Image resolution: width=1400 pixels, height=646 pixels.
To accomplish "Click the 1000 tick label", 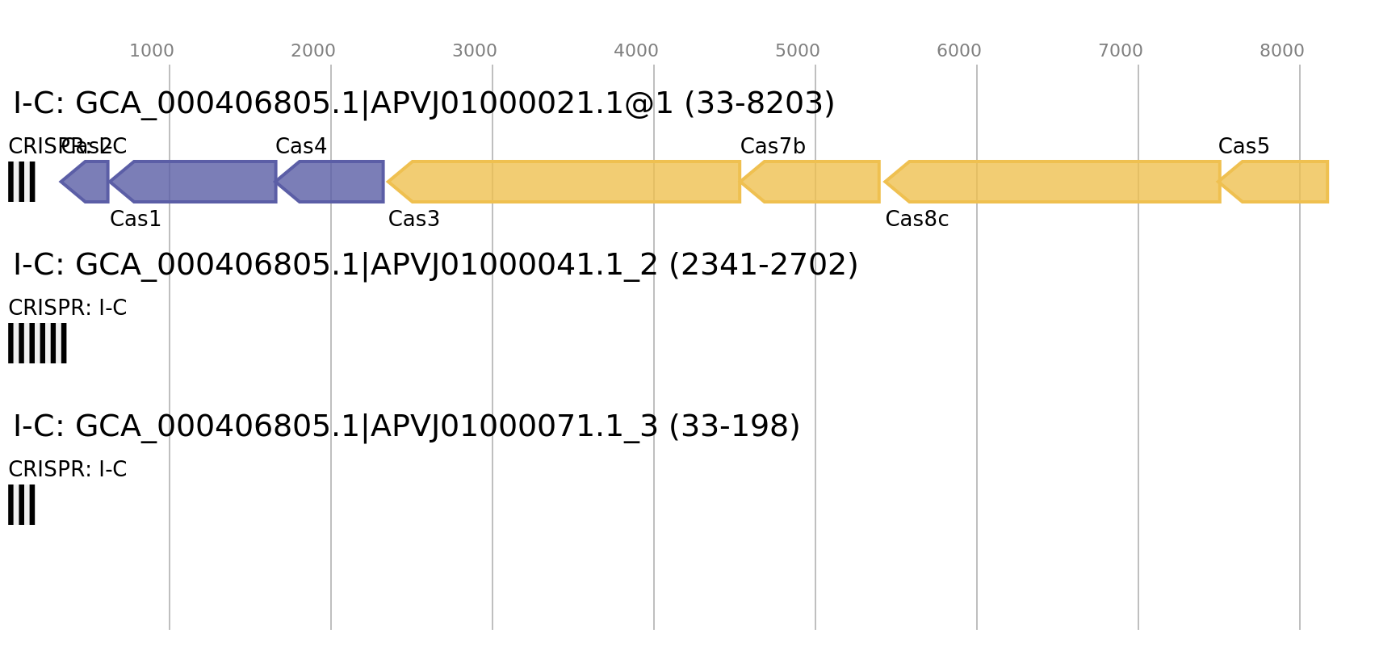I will click(x=152, y=51).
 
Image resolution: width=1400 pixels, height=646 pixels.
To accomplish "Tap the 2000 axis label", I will click(x=313, y=51).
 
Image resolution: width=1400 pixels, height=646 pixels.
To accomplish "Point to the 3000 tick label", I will click(x=475, y=51).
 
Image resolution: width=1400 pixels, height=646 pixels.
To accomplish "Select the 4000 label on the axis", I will click(x=636, y=51).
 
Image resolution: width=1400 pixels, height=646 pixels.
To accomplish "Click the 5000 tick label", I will click(x=798, y=51).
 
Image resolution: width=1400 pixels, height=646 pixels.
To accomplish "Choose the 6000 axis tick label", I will click(x=959, y=51).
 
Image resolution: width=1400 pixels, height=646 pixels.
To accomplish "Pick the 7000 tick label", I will click(x=1121, y=51).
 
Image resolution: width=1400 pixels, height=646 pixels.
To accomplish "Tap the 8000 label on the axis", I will click(x=1282, y=51).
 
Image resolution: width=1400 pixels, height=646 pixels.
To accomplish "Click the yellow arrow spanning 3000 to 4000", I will click(x=565, y=182).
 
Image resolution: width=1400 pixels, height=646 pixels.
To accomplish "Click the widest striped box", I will click(x=37, y=343).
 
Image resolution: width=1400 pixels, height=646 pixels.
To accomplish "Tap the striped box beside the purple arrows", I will click(x=22, y=182).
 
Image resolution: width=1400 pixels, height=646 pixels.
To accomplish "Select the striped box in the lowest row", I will click(x=22, y=505).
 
